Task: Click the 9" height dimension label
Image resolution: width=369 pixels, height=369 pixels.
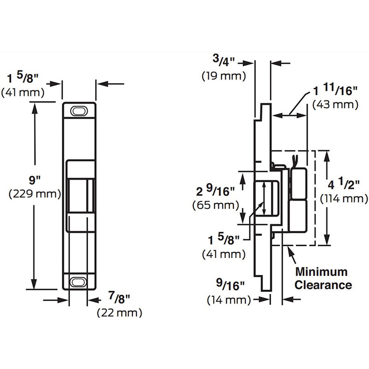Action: [35, 180]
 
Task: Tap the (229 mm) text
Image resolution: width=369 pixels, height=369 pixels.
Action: [35, 194]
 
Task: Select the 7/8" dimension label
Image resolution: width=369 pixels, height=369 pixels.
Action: [119, 298]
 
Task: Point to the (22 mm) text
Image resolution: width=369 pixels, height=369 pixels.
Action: [119, 313]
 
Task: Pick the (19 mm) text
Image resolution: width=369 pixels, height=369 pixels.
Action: [224, 76]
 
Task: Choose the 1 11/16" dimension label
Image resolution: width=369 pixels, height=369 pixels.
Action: [335, 89]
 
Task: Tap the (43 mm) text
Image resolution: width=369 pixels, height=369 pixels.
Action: [335, 105]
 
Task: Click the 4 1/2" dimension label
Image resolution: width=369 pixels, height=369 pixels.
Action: [344, 184]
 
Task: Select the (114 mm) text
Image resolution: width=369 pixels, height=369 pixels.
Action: [344, 199]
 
